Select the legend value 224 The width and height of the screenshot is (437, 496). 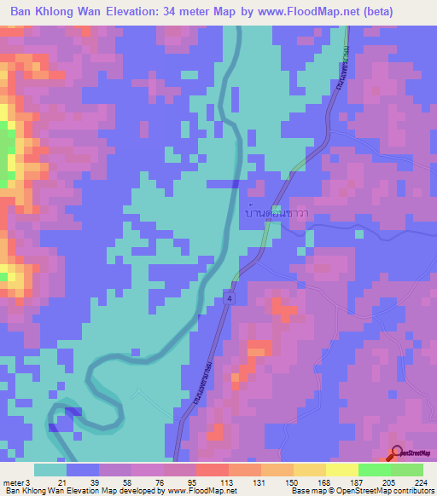(x=418, y=482)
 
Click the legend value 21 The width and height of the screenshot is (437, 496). (x=62, y=482)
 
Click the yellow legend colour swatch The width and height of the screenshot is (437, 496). (x=341, y=470)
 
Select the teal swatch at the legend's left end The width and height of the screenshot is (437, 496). (x=50, y=470)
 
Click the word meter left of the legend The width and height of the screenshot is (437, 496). (x=12, y=482)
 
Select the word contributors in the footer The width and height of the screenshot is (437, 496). (x=413, y=491)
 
